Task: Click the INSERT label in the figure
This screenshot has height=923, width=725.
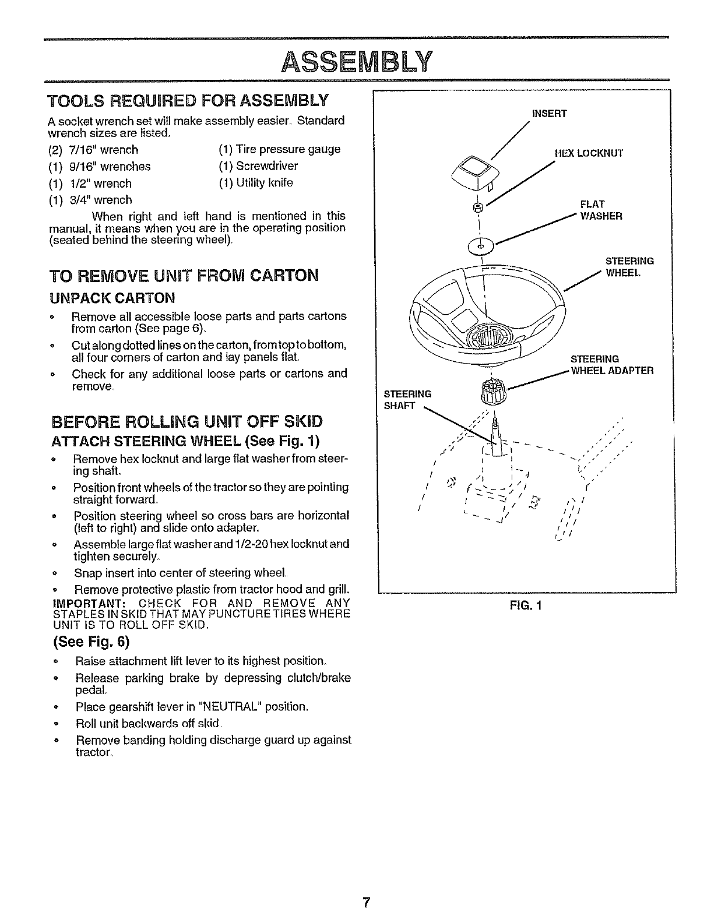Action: (x=548, y=114)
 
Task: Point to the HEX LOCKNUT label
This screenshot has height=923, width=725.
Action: (x=589, y=153)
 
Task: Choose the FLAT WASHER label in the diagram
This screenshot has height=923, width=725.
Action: (x=600, y=210)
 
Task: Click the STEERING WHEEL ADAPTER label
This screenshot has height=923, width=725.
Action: (x=611, y=365)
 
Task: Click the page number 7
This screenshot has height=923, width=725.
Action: (x=365, y=903)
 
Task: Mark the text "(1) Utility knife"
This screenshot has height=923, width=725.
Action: (x=256, y=183)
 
